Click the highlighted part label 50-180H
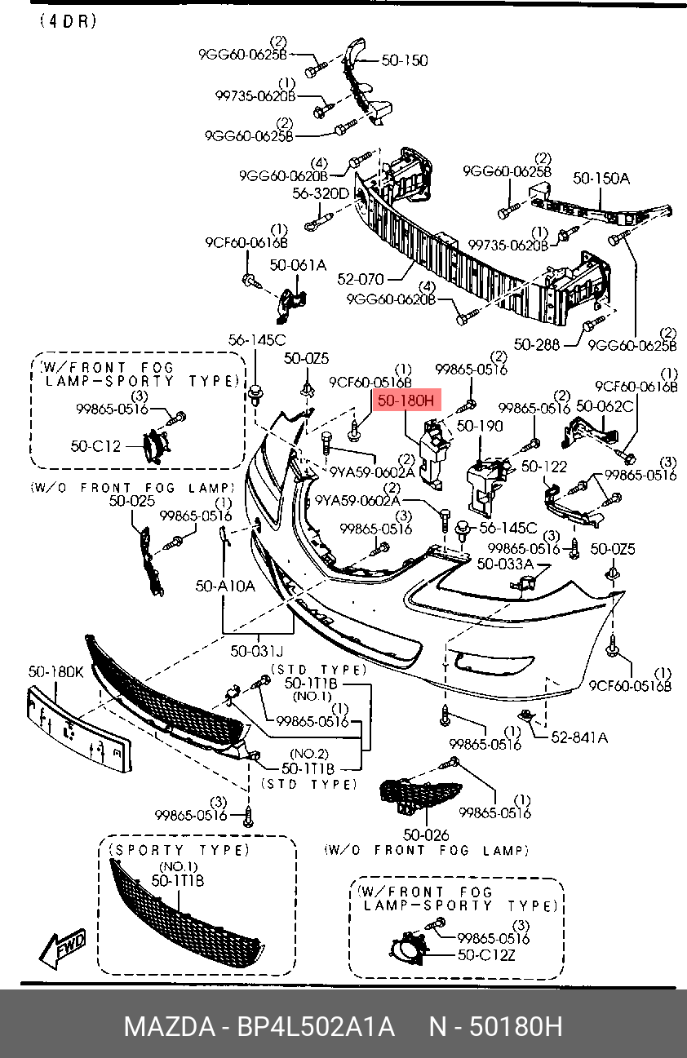[x=406, y=401]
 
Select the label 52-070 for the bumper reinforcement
[x=360, y=279]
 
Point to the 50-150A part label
[x=601, y=178]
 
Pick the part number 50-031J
[x=256, y=651]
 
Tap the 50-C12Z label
[x=486, y=955]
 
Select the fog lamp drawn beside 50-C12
[x=155, y=445]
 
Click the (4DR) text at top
[x=68, y=21]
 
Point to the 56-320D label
[x=321, y=193]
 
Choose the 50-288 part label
[x=536, y=344]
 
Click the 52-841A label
[x=579, y=737]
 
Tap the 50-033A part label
[x=505, y=564]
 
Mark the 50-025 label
[x=132, y=500]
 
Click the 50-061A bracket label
[x=298, y=265]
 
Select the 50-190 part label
[x=480, y=426]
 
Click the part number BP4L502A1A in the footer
[x=316, y=1026]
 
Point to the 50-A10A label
[x=225, y=587]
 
